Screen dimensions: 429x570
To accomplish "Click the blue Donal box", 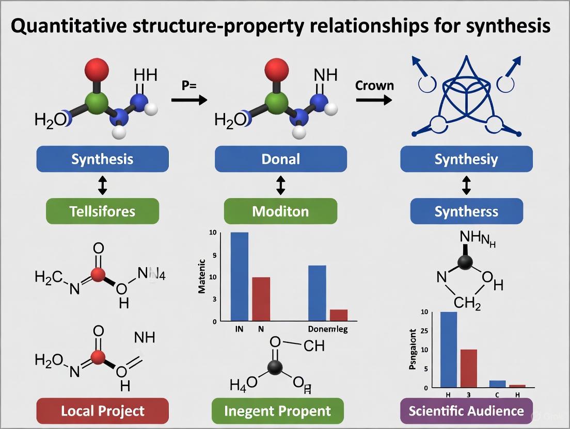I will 280,159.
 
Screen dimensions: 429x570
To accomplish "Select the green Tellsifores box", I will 102,211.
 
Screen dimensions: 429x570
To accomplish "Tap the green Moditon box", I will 280,211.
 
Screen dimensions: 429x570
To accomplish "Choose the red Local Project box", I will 103,411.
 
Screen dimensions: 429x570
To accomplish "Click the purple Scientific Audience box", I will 466,411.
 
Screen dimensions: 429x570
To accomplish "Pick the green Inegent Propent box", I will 278,411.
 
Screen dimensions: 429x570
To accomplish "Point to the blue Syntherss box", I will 466,211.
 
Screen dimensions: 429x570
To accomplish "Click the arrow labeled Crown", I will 373,100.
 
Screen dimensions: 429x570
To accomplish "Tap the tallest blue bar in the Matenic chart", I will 239,276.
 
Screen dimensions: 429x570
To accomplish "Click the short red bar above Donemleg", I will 338,315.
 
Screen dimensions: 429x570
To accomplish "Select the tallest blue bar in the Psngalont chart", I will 448,349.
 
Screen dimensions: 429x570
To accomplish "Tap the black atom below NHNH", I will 465,262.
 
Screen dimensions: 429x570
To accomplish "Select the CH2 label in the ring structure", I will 467,303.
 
